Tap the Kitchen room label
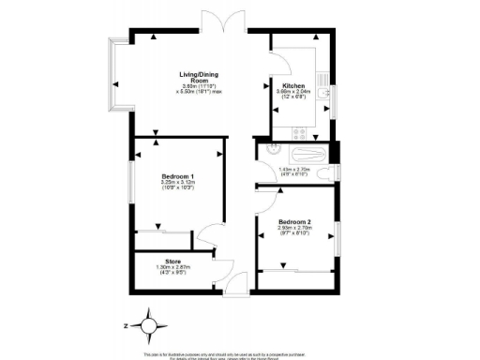pyautogui.click(x=294, y=86)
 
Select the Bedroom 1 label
pyautogui.click(x=178, y=177)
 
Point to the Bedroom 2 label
pyautogui.click(x=296, y=222)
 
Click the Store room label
pyautogui.click(x=172, y=261)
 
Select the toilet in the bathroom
pyautogui.click(x=323, y=175)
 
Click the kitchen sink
pyautogui.click(x=322, y=94)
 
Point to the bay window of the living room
pyautogui.click(x=117, y=74)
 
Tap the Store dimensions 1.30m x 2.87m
pyautogui.click(x=172, y=270)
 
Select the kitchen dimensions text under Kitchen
pyautogui.click(x=293, y=96)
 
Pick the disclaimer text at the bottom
pyautogui.click(x=240, y=355)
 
